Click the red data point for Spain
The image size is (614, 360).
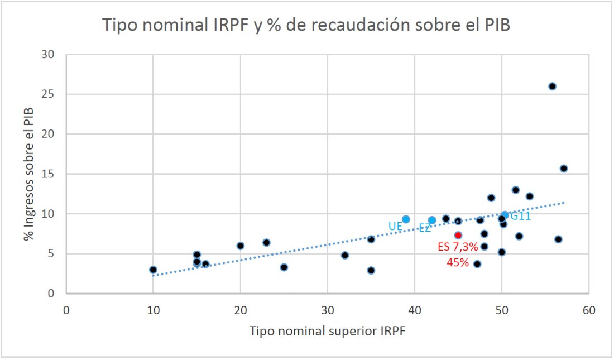point(458,235)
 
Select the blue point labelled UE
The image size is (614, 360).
point(406,219)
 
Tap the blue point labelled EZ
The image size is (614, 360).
point(432,220)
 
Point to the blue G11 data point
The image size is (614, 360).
point(505,215)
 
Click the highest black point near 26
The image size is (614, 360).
point(552,87)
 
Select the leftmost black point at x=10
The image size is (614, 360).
point(153,270)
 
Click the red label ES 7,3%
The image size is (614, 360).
point(458,247)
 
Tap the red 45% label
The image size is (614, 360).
point(458,262)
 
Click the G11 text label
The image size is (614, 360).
point(520,216)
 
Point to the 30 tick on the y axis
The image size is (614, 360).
point(52,55)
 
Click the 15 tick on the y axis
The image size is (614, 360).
point(52,174)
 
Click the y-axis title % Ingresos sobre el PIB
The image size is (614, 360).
point(28,174)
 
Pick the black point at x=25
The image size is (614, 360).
point(284,267)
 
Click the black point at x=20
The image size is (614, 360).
point(240,246)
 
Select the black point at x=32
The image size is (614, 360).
point(345,255)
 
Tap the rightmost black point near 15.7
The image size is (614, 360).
point(563,169)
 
